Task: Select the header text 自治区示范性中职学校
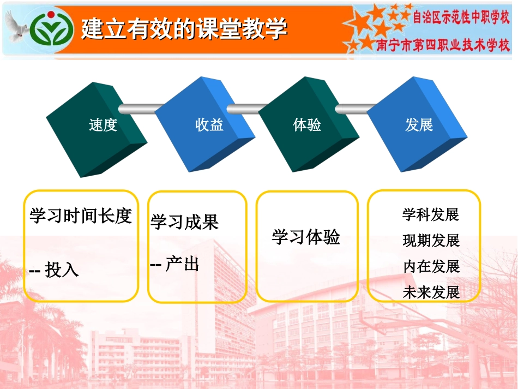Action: pos(461,19)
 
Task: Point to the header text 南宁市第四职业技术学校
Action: pos(443,45)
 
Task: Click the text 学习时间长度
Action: pos(81,216)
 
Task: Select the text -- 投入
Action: pos(53,270)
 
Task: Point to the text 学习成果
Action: pos(184,222)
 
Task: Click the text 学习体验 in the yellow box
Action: pos(306,237)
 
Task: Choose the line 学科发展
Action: pos(431,215)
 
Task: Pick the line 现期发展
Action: pos(431,241)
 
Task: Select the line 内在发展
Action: pos(431,266)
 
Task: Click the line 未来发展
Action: pos(431,292)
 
